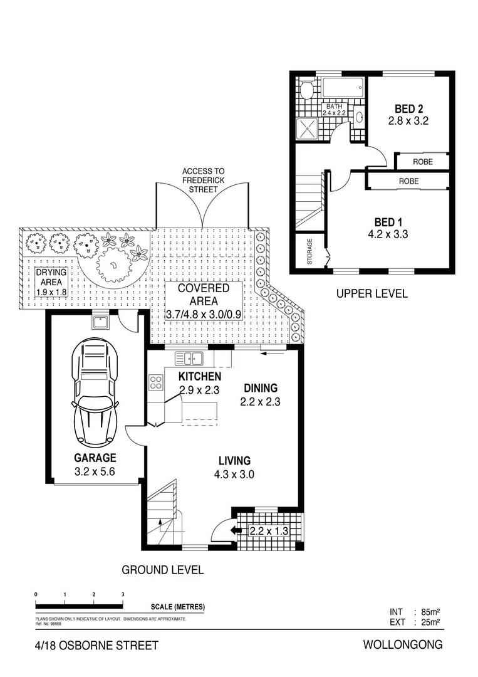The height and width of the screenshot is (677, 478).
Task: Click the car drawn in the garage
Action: pyautogui.click(x=95, y=392)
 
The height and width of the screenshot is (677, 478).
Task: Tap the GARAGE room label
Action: pyautogui.click(x=95, y=458)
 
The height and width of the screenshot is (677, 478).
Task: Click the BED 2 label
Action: pyautogui.click(x=408, y=107)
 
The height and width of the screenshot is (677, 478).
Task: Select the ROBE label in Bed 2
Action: pyautogui.click(x=422, y=162)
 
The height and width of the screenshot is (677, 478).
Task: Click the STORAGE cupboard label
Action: pyautogui.click(x=310, y=251)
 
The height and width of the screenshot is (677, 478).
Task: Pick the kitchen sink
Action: pyautogui.click(x=189, y=359)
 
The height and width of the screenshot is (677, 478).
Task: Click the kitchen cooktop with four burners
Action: pyautogui.click(x=155, y=382)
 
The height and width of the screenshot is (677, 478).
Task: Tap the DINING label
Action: pyautogui.click(x=261, y=388)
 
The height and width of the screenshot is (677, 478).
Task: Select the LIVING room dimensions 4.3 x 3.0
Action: pyautogui.click(x=233, y=475)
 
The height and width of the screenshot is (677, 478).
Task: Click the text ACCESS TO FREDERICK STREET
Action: pyautogui.click(x=203, y=180)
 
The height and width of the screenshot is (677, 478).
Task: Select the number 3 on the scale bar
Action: pyautogui.click(x=123, y=594)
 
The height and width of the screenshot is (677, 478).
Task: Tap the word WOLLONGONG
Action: pyautogui.click(x=402, y=644)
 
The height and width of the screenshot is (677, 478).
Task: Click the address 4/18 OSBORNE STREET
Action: pyautogui.click(x=97, y=645)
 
